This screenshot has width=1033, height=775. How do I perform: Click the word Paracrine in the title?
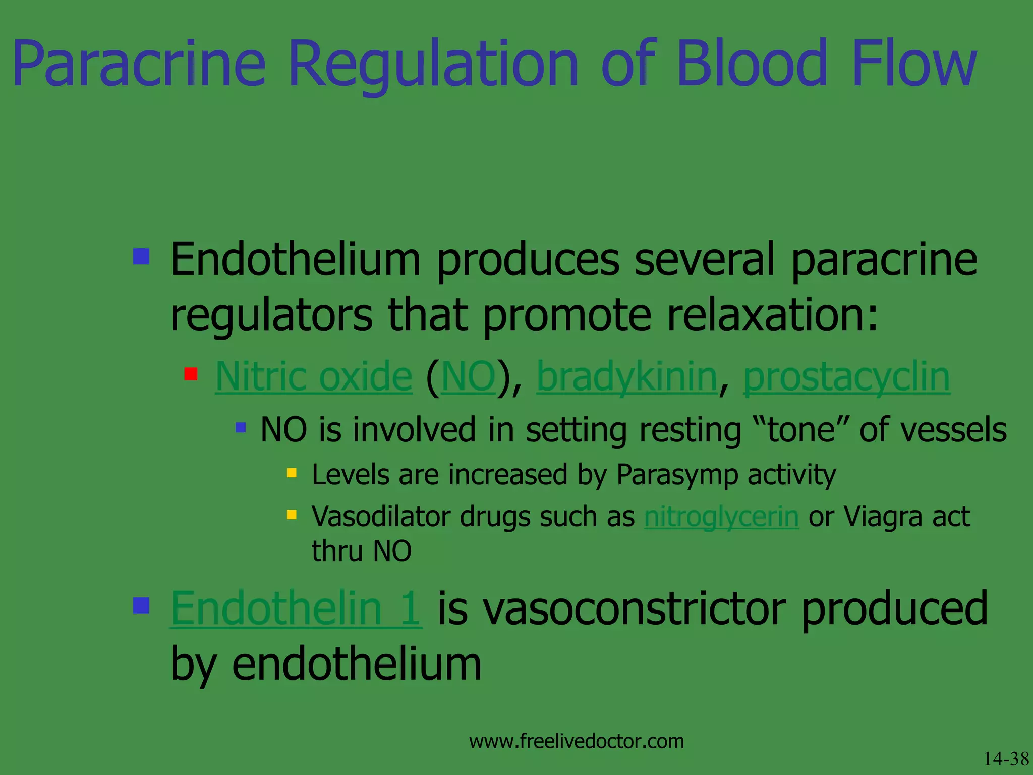[139, 65]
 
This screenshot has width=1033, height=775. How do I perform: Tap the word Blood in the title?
[752, 64]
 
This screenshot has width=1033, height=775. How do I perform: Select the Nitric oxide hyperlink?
[314, 376]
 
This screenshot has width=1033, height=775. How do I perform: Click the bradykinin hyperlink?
[626, 376]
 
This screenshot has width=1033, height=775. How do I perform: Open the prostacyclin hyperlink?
[847, 376]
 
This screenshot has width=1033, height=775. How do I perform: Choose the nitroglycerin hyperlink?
[721, 517]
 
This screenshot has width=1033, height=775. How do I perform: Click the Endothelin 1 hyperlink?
[296, 608]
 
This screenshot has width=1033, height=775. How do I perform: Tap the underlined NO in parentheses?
[468, 376]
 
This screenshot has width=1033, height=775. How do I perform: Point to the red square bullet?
[191, 374]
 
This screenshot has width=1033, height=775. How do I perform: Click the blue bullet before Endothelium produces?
[141, 256]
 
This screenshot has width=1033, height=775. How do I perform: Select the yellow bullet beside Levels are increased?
[292, 473]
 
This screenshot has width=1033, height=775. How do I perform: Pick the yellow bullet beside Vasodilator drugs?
[292, 515]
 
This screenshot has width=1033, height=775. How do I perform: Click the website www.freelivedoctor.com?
[577, 741]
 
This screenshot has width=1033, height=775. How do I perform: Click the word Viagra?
[883, 517]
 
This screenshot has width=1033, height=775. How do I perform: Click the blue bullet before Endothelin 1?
[141, 605]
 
